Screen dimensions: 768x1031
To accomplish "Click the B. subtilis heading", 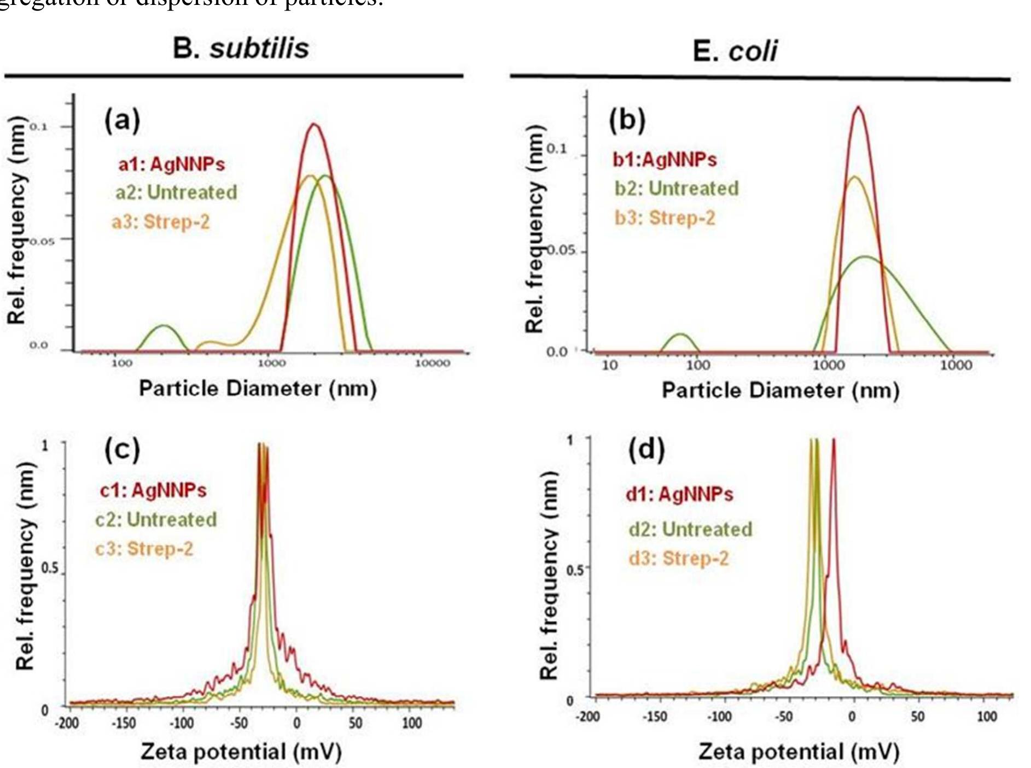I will [241, 49].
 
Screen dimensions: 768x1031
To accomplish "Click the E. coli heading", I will [735, 51].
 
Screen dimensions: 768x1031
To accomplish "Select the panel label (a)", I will [122, 119].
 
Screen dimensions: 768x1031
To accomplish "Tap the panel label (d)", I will [646, 450].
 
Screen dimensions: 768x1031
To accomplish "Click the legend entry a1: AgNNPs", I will [171, 164].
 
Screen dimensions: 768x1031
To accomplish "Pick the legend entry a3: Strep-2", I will [160, 222].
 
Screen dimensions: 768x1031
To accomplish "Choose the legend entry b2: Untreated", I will [676, 189].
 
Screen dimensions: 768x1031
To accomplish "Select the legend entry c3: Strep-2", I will [144, 548].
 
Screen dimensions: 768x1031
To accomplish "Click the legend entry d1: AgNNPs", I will [679, 494].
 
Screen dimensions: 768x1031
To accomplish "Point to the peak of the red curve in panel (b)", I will [858, 108].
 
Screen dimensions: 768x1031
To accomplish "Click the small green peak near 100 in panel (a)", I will [163, 326].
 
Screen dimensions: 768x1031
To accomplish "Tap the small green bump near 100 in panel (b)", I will [680, 334].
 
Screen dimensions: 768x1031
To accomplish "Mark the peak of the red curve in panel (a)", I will [314, 125].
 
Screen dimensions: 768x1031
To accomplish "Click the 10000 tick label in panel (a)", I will [432, 364].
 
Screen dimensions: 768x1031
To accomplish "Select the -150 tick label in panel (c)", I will [124, 723].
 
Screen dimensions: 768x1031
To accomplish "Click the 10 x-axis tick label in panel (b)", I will [609, 365].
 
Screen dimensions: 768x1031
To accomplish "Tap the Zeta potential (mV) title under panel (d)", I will [799, 752].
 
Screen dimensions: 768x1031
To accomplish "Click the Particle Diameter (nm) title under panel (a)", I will [258, 389].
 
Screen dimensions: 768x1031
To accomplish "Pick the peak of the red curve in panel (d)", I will [834, 439].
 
